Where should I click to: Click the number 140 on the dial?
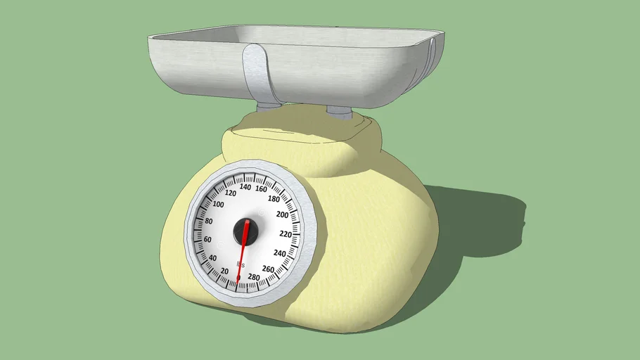point(245,187)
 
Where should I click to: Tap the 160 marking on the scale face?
point(261,188)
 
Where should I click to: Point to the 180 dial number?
point(274,199)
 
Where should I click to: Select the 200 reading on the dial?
point(283,214)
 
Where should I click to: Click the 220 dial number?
point(285,234)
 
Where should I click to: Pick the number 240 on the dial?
point(280,253)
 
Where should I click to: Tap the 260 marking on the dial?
point(268,269)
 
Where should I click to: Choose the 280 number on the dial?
point(253,278)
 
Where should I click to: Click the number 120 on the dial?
point(231,193)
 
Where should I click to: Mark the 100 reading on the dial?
point(218,205)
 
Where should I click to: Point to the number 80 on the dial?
point(209,221)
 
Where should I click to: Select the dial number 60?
point(207,240)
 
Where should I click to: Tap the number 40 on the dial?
point(212,257)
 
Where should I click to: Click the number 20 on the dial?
point(224,271)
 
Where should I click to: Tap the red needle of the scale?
point(243,253)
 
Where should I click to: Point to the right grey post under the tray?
point(340,111)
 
